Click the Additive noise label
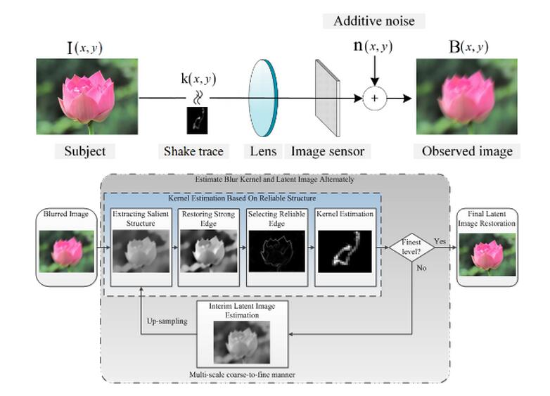click(374, 21)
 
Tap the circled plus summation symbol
click(375, 98)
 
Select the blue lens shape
click(263, 98)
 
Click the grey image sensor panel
click(328, 98)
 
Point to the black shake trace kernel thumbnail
click(197, 120)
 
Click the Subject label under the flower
click(85, 151)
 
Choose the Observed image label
click(467, 151)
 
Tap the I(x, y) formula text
click(85, 47)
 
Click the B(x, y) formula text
click(468, 46)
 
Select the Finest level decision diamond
click(411, 248)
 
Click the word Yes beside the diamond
click(440, 241)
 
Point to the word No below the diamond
click(421, 267)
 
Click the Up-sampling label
click(167, 321)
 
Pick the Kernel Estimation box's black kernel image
click(345, 251)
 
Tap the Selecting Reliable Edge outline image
click(276, 251)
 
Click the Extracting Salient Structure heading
click(141, 218)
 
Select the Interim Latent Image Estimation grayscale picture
click(242, 343)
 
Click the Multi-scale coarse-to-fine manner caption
click(242, 375)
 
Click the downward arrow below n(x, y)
click(375, 71)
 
